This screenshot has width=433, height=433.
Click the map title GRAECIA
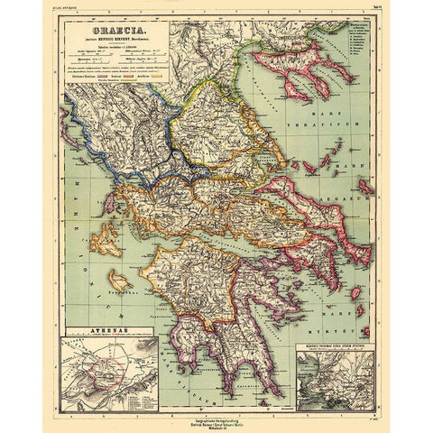point(116,41)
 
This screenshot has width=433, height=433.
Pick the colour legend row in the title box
point(116,102)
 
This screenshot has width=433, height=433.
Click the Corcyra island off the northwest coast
point(69,125)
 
